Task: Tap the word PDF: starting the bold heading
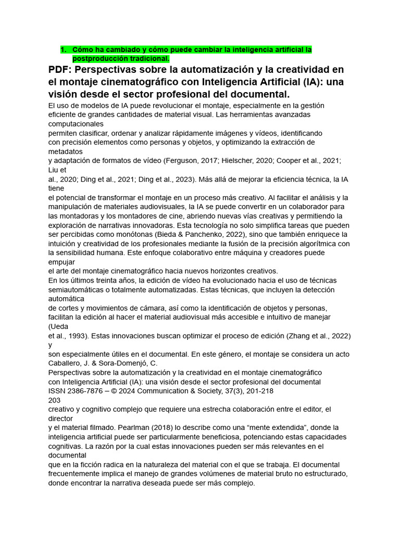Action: (x=63, y=70)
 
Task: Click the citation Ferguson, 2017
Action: (x=191, y=161)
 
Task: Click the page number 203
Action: (x=55, y=400)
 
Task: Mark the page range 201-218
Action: (x=258, y=391)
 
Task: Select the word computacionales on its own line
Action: (x=76, y=124)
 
